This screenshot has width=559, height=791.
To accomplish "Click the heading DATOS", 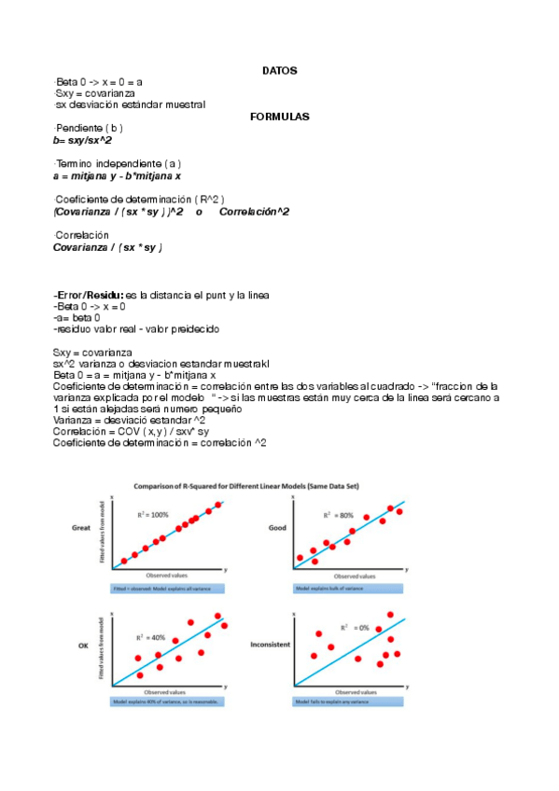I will (279, 71).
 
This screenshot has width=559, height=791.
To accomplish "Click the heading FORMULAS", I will (279, 117).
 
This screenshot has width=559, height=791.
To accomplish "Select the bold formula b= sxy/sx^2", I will (83, 140).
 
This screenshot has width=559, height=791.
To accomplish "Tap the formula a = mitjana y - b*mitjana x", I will (117, 175).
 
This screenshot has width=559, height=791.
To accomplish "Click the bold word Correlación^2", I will (254, 212).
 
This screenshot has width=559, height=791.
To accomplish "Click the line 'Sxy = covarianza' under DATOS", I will (94, 93).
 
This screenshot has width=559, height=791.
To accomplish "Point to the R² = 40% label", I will (150, 637).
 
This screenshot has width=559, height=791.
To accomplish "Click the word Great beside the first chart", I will (80, 528).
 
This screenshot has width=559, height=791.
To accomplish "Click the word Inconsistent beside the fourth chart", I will (270, 645).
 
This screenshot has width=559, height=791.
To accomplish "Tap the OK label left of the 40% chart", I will (81, 645).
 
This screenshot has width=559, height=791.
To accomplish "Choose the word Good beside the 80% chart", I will (277, 528).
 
